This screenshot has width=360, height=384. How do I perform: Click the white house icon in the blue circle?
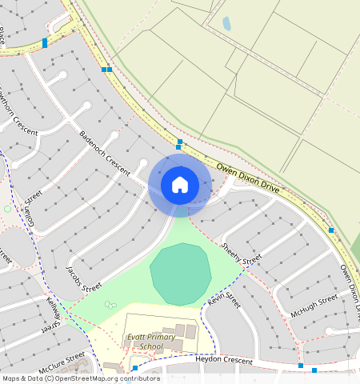click(x=180, y=185)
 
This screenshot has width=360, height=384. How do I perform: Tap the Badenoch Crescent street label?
click(x=104, y=150)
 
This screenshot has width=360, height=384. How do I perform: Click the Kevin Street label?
click(x=224, y=300)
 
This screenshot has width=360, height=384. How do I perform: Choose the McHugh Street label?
click(x=315, y=306)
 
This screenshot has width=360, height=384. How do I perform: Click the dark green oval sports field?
click(x=181, y=274)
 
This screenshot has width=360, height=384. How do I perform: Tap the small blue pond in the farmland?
click(x=226, y=24)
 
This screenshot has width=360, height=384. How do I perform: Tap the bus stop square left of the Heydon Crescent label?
click(x=135, y=368)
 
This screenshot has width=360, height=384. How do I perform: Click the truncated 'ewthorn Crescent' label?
click(x=18, y=109)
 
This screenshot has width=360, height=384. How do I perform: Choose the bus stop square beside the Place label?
click(x=45, y=42)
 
